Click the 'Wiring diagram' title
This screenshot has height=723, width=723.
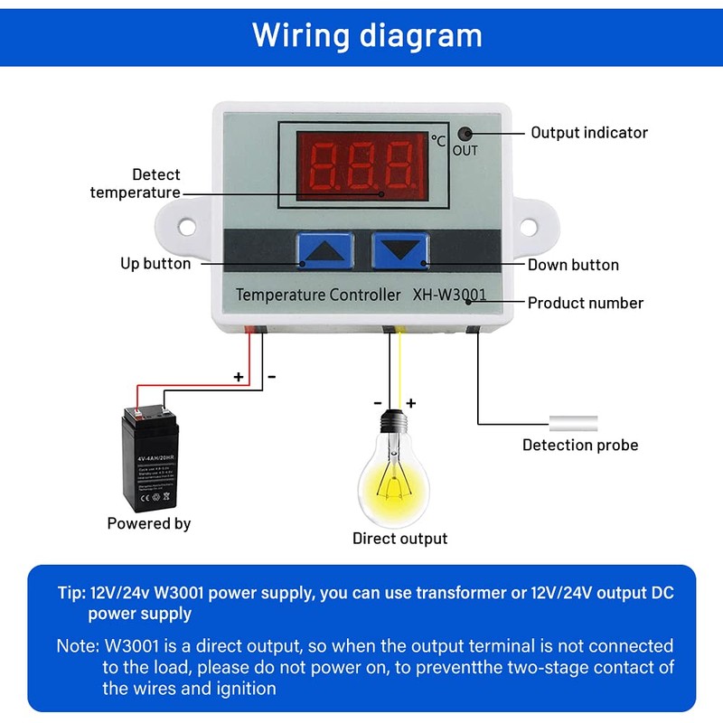367,36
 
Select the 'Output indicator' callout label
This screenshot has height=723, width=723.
589,133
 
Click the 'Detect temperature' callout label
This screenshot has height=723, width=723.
135,183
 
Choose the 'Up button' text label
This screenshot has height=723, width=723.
155,264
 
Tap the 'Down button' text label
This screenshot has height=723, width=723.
573,265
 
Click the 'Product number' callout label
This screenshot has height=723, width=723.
586,303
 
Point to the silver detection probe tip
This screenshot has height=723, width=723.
573,422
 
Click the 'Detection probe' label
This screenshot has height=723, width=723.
580,445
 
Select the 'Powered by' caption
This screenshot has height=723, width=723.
149,523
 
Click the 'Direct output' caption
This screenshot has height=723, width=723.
399,539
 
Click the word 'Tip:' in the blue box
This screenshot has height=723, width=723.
70,594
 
